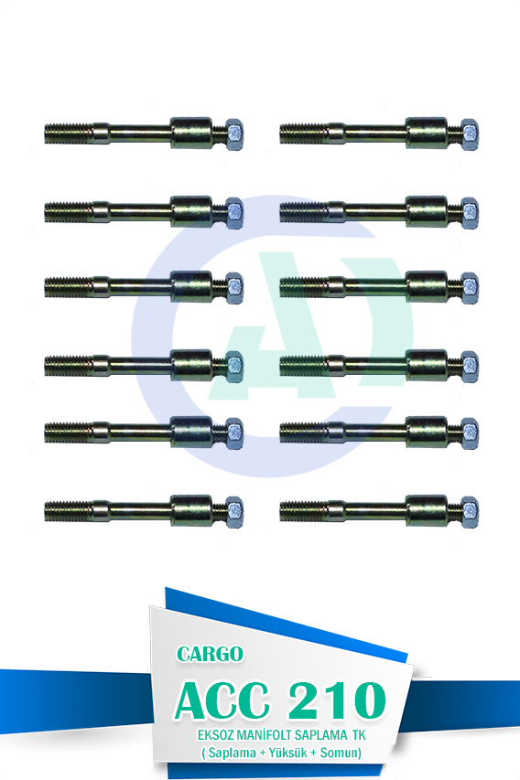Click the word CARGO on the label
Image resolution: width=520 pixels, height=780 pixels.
click(x=210, y=654)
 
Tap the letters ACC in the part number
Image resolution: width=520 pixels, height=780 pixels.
click(x=222, y=701)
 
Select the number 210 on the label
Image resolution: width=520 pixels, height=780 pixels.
click(x=336, y=701)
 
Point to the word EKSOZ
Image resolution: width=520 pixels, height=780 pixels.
click(x=215, y=735)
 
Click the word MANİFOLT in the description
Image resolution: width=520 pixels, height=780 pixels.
click(x=264, y=735)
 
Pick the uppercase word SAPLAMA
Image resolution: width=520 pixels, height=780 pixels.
click(x=320, y=735)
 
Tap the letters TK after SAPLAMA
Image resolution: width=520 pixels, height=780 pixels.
click(x=359, y=735)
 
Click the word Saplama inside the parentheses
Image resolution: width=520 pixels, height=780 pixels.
click(x=232, y=753)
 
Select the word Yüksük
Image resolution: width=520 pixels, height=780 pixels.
click(x=287, y=753)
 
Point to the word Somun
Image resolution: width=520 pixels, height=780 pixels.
click(x=339, y=753)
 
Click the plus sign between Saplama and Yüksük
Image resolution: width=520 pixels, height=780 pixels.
click(x=263, y=753)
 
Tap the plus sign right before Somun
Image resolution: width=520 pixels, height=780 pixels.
click(x=313, y=753)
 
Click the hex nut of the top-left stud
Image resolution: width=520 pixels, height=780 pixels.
click(x=234, y=134)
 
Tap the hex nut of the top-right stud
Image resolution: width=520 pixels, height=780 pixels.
click(x=470, y=134)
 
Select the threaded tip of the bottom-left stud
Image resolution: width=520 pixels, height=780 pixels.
click(x=68, y=511)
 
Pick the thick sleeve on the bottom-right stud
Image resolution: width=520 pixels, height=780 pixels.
click(x=427, y=511)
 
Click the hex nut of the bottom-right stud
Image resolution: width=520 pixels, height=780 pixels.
click(x=470, y=512)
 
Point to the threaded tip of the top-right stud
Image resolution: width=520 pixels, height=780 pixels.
click(x=303, y=134)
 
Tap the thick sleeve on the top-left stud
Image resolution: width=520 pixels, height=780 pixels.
click(x=191, y=134)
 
